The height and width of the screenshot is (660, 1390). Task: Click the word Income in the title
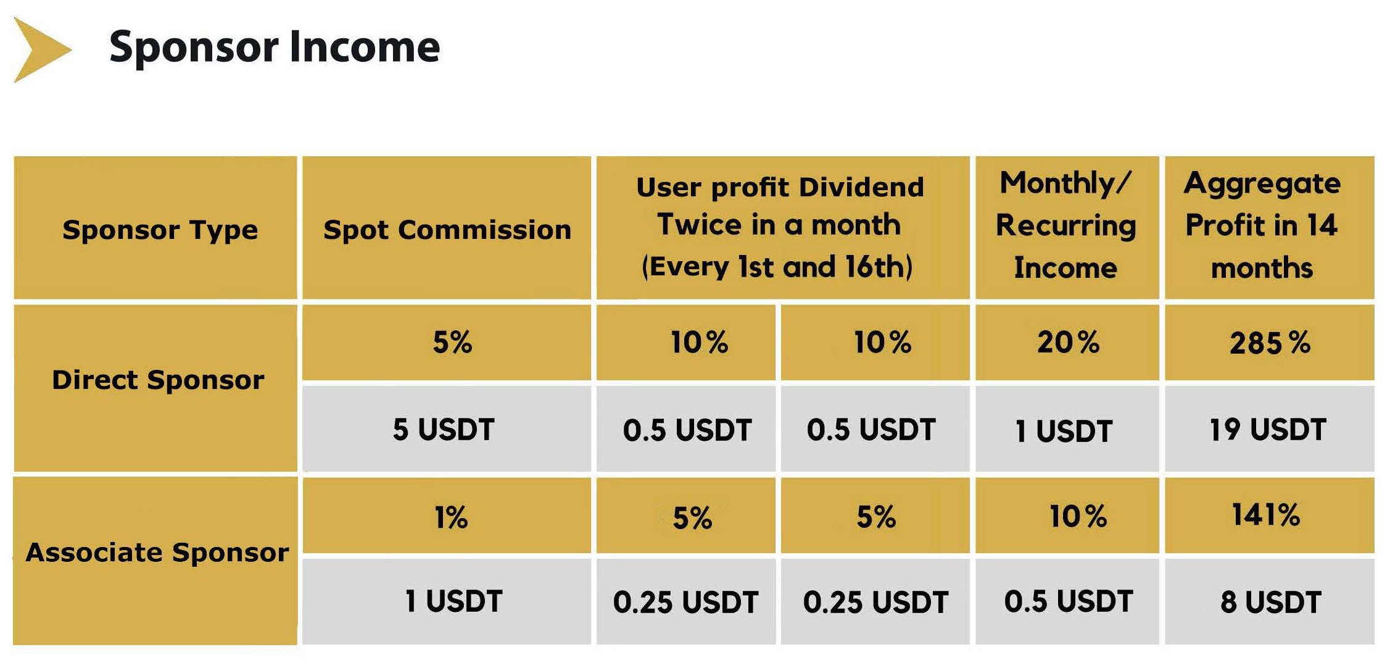point(365,47)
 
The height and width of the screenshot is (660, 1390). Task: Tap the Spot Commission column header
point(447,230)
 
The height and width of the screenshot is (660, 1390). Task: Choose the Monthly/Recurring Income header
point(1065,225)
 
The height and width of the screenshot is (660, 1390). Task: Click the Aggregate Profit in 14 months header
point(1262,225)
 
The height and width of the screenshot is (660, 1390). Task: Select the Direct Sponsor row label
point(158,380)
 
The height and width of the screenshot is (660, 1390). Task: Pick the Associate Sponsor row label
point(157,553)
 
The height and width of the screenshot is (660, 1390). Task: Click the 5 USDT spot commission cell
point(444,429)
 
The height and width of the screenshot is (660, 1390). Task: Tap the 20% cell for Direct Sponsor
point(1068,342)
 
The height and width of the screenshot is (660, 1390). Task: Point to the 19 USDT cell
point(1268,429)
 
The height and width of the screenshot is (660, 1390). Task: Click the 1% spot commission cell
point(451,517)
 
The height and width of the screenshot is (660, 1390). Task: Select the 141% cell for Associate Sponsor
point(1266,514)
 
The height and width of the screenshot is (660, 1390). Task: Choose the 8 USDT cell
point(1271,602)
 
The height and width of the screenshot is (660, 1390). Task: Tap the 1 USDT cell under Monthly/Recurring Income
point(1064,431)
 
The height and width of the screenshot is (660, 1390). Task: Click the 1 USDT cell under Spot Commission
point(453,601)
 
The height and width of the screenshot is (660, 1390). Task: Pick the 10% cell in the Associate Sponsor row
point(1078,516)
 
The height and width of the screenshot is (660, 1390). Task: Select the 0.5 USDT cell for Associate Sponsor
point(1069,601)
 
